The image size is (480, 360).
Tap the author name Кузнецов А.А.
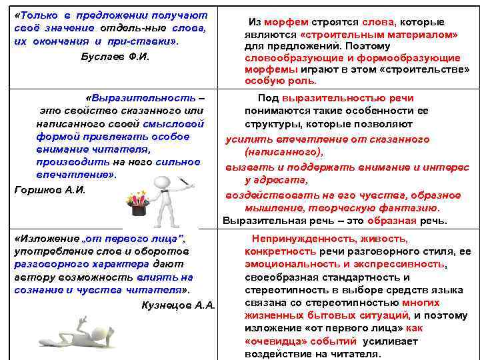179,305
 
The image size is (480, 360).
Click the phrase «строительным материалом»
379,35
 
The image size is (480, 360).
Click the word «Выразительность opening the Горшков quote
140,97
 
